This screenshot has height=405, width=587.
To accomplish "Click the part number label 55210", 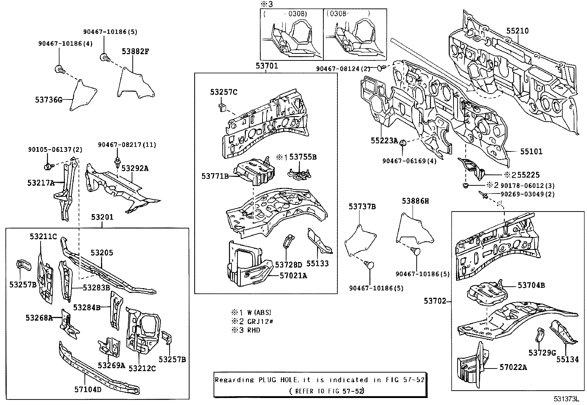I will pyautogui.click(x=517, y=31).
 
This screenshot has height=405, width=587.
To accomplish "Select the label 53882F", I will pyautogui.click(x=135, y=51).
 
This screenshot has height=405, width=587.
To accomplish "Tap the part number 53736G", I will pyautogui.click(x=49, y=99).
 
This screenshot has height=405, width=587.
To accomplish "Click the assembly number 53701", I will pyautogui.click(x=267, y=66).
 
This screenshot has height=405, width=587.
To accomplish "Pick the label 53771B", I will pyautogui.click(x=215, y=176).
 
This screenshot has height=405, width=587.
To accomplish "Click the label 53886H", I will pyautogui.click(x=416, y=201).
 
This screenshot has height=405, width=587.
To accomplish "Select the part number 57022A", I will pyautogui.click(x=513, y=367).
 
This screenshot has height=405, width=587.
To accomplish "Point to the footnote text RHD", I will pyautogui.click(x=253, y=330).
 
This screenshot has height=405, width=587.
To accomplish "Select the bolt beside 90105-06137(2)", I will pyautogui.click(x=48, y=167).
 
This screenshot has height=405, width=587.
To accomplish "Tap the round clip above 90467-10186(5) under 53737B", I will pyautogui.click(x=369, y=264).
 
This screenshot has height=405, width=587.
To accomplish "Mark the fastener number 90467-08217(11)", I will pyautogui.click(x=127, y=145).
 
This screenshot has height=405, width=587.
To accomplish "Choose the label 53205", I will pyautogui.click(x=102, y=253).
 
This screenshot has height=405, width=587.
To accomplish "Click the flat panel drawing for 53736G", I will pyautogui.click(x=83, y=95).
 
